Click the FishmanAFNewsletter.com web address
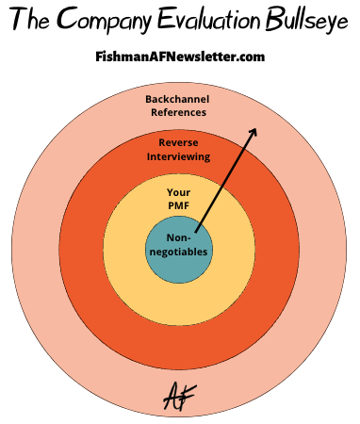pos(180,57)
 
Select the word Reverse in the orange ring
pos(179,142)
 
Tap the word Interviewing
pos(179,156)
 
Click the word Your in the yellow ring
pos(179,192)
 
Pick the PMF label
pos(179,206)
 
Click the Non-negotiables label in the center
pos(179,245)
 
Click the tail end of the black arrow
pos(195,231)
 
